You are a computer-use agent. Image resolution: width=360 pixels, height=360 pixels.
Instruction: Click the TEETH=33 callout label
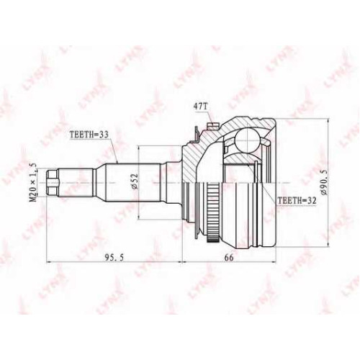tap(89, 135)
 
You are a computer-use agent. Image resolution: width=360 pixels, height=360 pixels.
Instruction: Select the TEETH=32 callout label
tap(297, 201)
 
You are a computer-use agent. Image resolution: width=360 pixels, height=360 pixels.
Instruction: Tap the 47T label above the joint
tap(200, 107)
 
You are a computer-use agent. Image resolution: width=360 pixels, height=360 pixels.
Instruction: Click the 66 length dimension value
tap(229, 257)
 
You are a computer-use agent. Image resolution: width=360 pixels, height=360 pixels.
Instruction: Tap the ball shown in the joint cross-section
tap(248, 140)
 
